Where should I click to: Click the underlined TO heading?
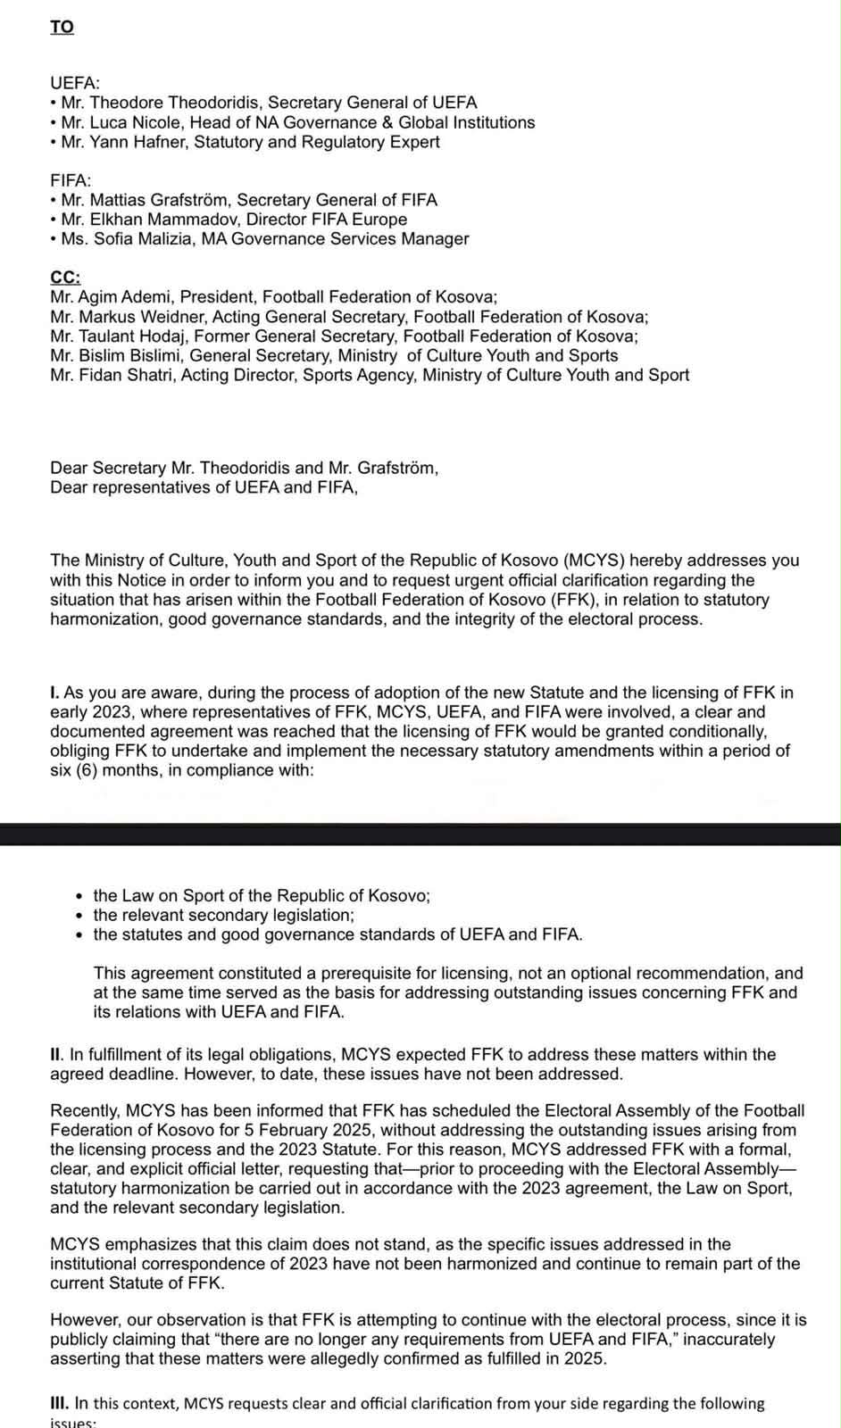(62, 27)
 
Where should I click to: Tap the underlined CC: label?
(65, 278)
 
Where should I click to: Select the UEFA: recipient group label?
(75, 84)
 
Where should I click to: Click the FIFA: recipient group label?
(71, 180)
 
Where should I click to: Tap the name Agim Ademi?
(115, 297)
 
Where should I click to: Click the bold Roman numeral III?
(59, 1403)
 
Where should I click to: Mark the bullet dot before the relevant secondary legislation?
(81, 916)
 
